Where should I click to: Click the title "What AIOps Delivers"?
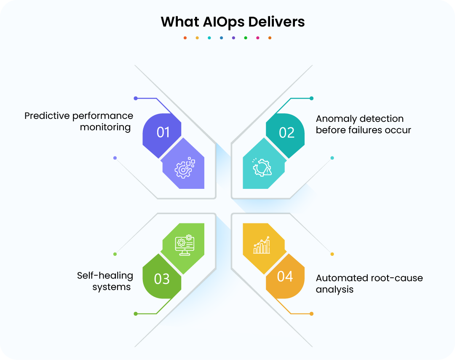click(233, 21)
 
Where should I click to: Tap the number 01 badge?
click(163, 132)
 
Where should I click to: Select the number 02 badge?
click(286, 132)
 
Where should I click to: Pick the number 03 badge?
click(162, 279)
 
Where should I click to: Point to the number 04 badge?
click(285, 277)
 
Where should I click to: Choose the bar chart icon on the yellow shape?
click(262, 245)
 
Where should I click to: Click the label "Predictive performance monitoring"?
click(79, 121)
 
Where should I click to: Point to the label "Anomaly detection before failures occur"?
click(363, 124)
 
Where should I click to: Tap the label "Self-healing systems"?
click(105, 281)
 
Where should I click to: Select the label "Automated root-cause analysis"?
click(369, 283)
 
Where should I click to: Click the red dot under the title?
click(185, 38)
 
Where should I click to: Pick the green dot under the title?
click(246, 38)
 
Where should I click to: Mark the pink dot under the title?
click(258, 38)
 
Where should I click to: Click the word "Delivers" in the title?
click(276, 21)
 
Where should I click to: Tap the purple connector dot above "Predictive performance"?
click(136, 98)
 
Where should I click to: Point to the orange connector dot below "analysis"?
click(311, 314)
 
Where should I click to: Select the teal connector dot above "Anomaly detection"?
click(311, 98)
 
